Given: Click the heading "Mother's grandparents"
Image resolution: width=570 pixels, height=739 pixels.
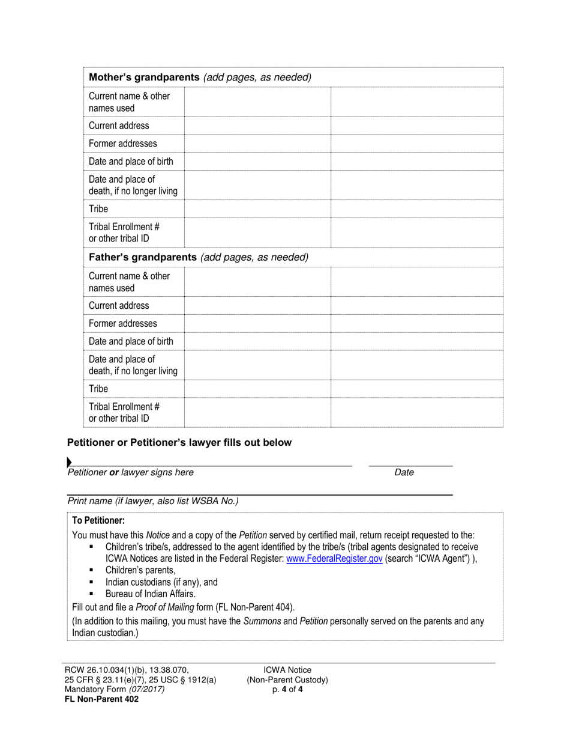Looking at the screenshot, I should pyautogui.click(x=144, y=78).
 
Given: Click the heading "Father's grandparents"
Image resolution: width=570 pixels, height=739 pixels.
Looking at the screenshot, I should pyautogui.click(x=143, y=257).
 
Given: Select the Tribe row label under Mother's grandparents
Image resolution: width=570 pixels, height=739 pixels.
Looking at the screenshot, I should pyautogui.click(x=98, y=209).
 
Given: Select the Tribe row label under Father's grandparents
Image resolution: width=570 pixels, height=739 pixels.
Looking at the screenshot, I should pyautogui.click(x=98, y=389).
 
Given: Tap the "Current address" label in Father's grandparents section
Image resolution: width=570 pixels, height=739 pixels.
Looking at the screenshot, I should pyautogui.click(x=119, y=305).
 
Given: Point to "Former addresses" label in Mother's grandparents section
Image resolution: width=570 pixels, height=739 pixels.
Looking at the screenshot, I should pyautogui.click(x=122, y=144).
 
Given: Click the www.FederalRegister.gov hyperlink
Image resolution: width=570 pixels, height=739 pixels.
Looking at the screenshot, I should pyautogui.click(x=334, y=558).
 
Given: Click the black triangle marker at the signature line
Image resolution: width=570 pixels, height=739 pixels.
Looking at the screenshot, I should pyautogui.click(x=69, y=462).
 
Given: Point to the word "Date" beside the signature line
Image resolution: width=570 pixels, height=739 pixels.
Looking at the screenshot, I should pyautogui.click(x=404, y=472).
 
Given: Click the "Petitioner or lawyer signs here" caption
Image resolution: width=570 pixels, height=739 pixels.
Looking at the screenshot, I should pyautogui.click(x=130, y=472).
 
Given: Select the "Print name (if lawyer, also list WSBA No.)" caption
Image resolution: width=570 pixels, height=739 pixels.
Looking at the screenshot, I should pyautogui.click(x=153, y=501).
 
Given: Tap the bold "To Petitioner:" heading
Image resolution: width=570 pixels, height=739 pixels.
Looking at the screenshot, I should pyautogui.click(x=98, y=520).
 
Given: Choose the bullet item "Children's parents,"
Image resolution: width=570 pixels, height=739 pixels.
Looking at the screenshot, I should pyautogui.click(x=140, y=570).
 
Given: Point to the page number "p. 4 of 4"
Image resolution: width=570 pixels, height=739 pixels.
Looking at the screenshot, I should pyautogui.click(x=287, y=689).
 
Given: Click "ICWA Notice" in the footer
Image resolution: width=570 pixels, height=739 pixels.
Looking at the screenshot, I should pyautogui.click(x=287, y=670).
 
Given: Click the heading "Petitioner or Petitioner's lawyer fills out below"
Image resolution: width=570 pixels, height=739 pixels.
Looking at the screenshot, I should pyautogui.click(x=179, y=443).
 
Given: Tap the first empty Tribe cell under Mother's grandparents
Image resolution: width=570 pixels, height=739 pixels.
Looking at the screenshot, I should pyautogui.click(x=257, y=209).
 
